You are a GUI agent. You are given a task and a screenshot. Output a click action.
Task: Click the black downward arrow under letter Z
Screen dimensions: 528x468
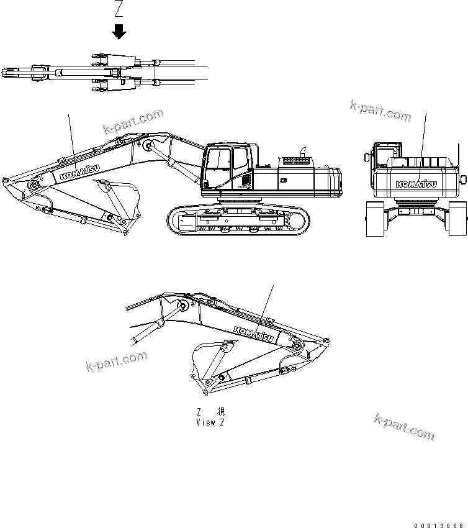click(119, 32)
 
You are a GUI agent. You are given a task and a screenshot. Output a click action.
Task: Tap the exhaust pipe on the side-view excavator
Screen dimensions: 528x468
click(304, 151)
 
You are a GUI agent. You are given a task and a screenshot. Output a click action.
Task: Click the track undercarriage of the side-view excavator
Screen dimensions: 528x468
click(237, 221)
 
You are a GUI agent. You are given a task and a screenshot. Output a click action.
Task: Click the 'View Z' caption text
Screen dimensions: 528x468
click(210, 422)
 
